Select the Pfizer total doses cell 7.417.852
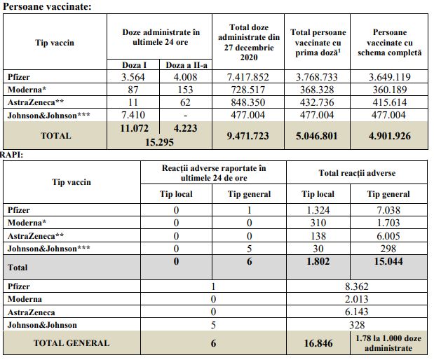click(253, 77)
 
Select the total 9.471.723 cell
click(253, 136)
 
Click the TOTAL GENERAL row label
click(72, 343)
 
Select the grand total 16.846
click(318, 343)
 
